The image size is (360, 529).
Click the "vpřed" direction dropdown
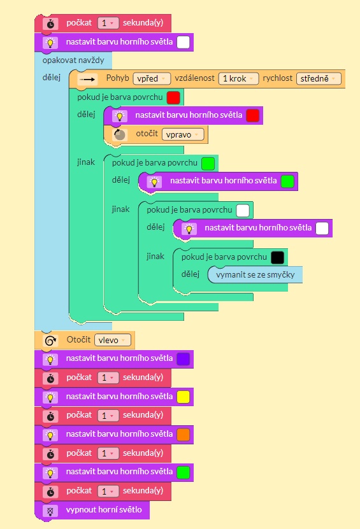[152, 78]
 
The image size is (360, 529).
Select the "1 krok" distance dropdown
[238, 78]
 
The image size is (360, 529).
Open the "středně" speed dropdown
[319, 78]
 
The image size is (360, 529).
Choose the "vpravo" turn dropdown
[183, 134]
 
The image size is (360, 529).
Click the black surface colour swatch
[278, 257]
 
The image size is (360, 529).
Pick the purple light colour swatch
[184, 359]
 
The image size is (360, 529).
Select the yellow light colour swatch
[184, 397]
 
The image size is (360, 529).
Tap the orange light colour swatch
[184, 435]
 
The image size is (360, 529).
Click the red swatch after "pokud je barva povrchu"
[173, 97]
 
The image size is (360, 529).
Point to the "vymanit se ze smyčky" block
[255, 274]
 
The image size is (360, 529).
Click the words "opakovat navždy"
[73, 60]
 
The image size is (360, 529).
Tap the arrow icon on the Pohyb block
[87, 80]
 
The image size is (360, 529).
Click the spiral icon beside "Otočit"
[51, 341]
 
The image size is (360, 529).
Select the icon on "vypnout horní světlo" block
[50, 511]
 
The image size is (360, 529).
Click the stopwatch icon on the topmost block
[50, 24]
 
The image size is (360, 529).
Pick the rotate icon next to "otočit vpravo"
[119, 135]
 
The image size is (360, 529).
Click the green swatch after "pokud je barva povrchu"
[208, 164]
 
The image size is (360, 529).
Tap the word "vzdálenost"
[194, 78]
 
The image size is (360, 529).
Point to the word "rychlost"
[278, 78]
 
